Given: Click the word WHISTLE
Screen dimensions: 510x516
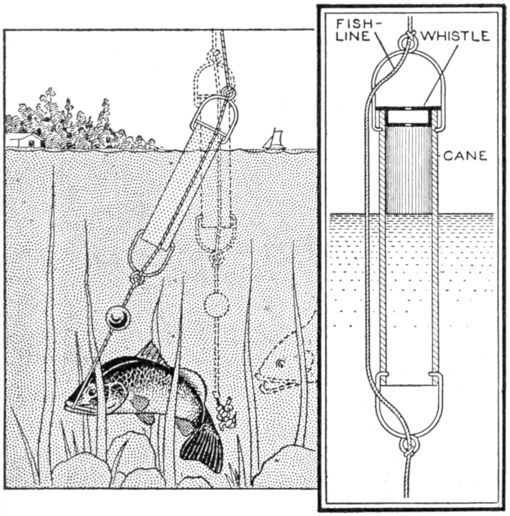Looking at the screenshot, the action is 455,36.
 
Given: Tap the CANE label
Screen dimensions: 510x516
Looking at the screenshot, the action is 465,156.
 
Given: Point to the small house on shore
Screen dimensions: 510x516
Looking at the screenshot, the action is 24,140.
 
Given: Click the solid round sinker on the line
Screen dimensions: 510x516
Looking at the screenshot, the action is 117,318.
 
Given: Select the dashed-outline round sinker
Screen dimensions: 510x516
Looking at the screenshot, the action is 216,305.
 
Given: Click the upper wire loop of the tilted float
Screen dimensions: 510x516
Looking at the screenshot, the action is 214,118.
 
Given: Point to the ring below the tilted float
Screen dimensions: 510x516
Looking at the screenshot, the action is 138,279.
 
